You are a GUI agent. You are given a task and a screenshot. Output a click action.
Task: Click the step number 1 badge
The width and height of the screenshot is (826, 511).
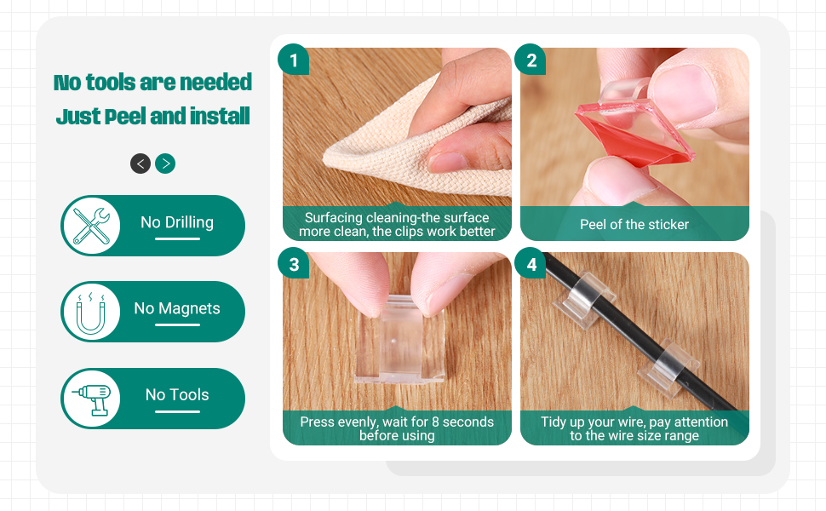pyautogui.click(x=294, y=60)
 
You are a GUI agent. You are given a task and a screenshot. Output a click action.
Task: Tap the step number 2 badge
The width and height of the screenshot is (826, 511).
pyautogui.click(x=531, y=60)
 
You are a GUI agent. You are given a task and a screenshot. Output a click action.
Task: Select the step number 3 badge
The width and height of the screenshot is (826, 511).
pyautogui.click(x=294, y=265)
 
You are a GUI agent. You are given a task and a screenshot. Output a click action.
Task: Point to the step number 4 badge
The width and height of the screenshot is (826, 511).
pyautogui.click(x=531, y=265)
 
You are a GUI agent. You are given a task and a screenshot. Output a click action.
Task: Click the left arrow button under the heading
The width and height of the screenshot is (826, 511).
pyautogui.click(x=141, y=164)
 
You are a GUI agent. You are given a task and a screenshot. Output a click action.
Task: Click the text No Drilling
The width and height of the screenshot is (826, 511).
pyautogui.click(x=177, y=222)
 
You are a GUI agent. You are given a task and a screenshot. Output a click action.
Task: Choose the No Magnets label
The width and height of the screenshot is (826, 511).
pyautogui.click(x=177, y=308)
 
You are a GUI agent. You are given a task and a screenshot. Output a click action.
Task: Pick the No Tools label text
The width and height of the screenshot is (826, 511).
pyautogui.click(x=177, y=394)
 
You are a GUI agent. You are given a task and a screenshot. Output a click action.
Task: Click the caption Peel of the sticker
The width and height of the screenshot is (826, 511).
pyautogui.click(x=634, y=225)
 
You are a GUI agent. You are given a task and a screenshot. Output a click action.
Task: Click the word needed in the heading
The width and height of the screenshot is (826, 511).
pyautogui.click(x=216, y=83)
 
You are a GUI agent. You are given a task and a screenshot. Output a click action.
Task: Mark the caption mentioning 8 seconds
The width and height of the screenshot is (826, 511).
pyautogui.click(x=397, y=428)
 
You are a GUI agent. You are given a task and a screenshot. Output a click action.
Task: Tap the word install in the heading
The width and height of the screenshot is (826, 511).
pyautogui.click(x=214, y=116)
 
